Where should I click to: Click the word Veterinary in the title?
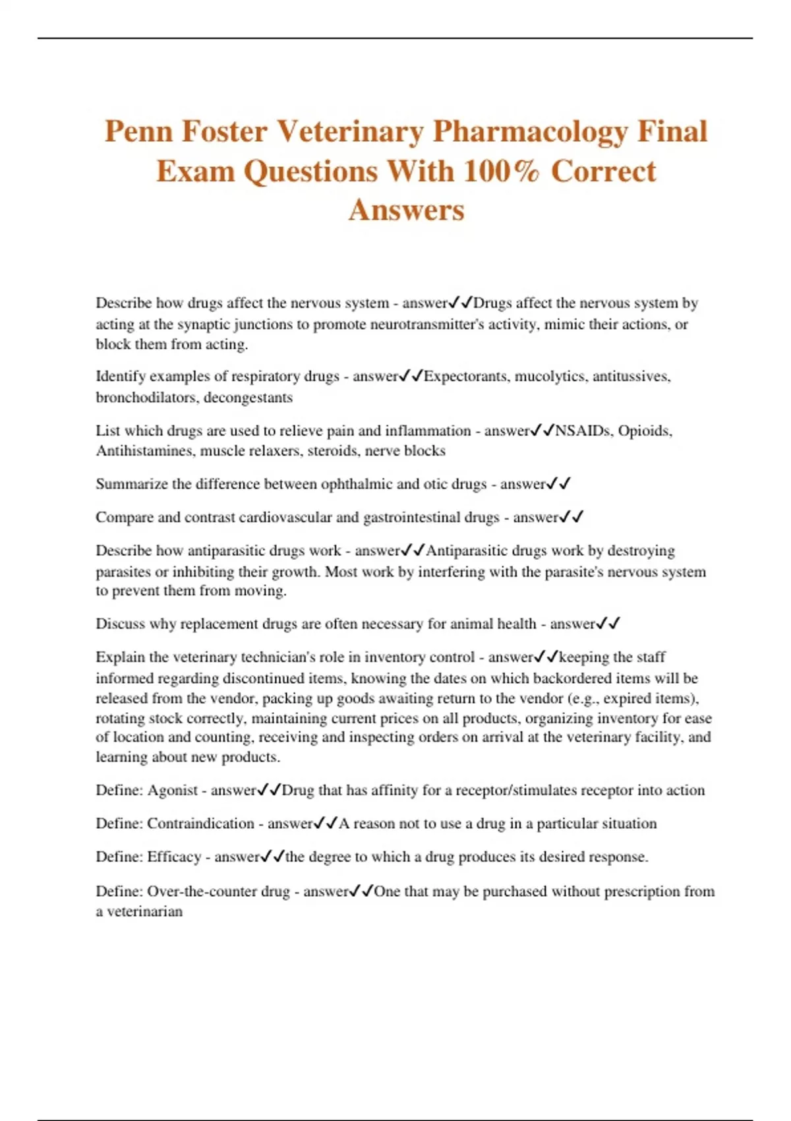click(x=349, y=131)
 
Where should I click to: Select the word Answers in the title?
click(x=407, y=210)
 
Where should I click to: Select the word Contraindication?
click(x=200, y=824)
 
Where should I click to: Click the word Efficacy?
click(x=174, y=857)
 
